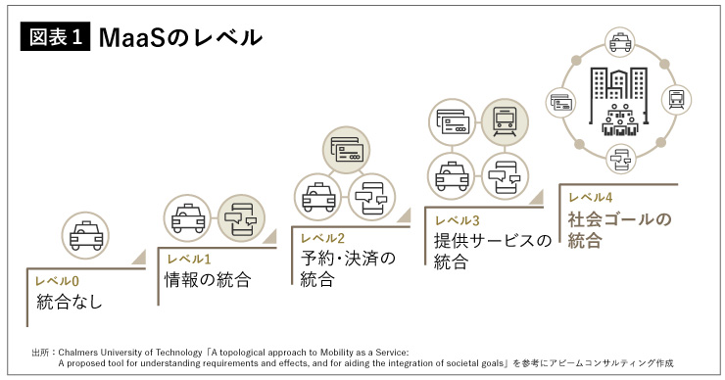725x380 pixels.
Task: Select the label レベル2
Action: (x=322, y=238)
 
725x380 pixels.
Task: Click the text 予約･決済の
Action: (x=348, y=259)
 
